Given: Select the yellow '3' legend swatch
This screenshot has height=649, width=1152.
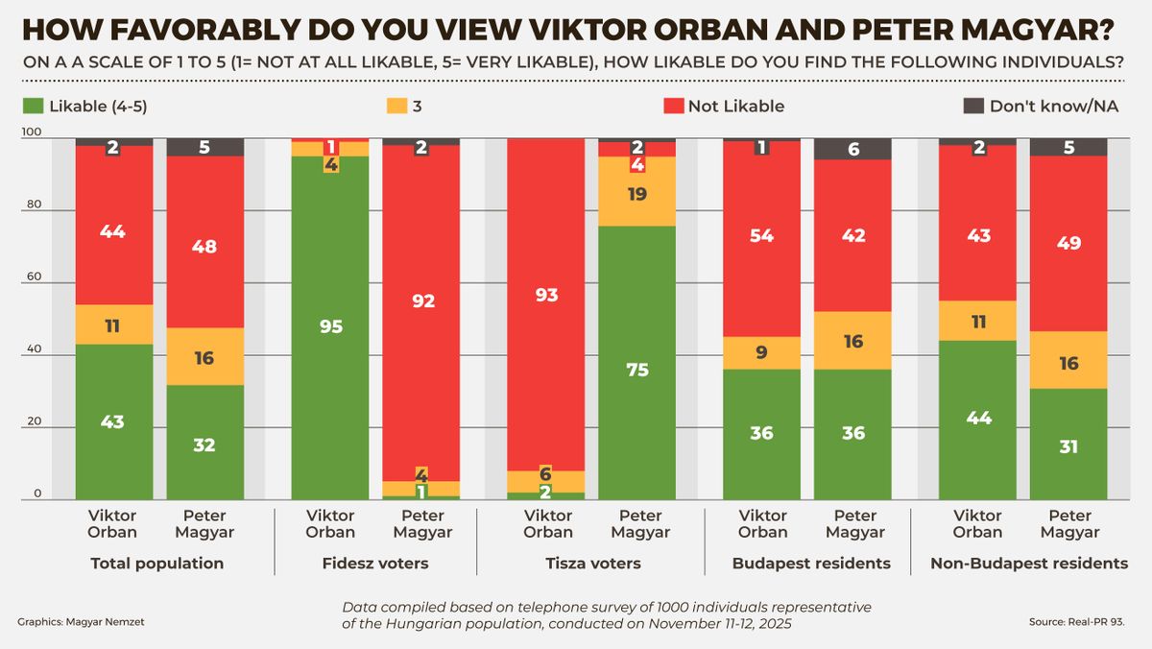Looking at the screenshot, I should (x=396, y=106).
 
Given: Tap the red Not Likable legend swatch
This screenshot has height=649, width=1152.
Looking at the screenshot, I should (x=674, y=106).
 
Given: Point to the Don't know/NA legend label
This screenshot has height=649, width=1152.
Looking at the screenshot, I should (x=1054, y=107).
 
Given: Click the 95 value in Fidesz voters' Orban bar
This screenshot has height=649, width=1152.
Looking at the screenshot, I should (x=329, y=326).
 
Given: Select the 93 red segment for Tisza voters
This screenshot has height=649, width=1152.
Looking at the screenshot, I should (x=546, y=295).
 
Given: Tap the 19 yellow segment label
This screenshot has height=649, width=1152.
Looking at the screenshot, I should (x=637, y=194).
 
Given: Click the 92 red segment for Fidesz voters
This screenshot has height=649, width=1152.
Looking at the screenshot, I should (x=420, y=300).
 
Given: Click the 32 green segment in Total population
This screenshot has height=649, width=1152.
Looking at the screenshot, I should (x=204, y=445).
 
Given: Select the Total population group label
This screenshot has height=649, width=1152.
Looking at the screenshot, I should (x=156, y=564).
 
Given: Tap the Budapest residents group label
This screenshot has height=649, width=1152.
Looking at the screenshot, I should (x=811, y=564).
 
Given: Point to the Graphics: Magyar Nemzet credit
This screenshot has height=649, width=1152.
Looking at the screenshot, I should (x=82, y=622).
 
